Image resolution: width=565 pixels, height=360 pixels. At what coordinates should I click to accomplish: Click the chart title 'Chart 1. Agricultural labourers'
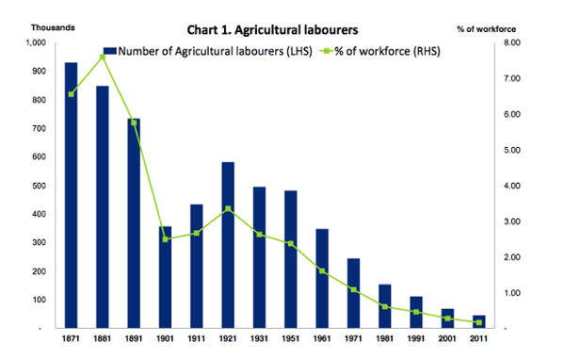pos(282,27)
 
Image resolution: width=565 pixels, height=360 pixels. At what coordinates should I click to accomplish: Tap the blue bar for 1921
pos(228,245)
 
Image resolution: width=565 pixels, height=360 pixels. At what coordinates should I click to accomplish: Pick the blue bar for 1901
pos(166,277)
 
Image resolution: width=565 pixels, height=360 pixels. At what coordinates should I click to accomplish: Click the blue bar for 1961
pos(322,279)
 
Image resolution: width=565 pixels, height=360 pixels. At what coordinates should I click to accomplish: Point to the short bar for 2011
pos(478,321)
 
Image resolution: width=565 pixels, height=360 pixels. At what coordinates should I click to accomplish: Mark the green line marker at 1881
pos(103,57)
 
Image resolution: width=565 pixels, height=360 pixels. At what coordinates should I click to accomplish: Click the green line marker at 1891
pos(134,123)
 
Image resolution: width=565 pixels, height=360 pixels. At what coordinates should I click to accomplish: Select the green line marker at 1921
pos(228,209)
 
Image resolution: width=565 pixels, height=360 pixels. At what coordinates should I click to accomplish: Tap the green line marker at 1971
pos(353,289)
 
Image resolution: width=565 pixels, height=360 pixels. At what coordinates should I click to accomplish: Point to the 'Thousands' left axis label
pos(28,27)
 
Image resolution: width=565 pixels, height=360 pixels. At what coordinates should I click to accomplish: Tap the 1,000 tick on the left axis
pos(33,42)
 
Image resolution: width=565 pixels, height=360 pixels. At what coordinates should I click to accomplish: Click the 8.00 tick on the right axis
pos(518,42)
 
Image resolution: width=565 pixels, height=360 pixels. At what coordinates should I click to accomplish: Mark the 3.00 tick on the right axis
pos(518,221)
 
